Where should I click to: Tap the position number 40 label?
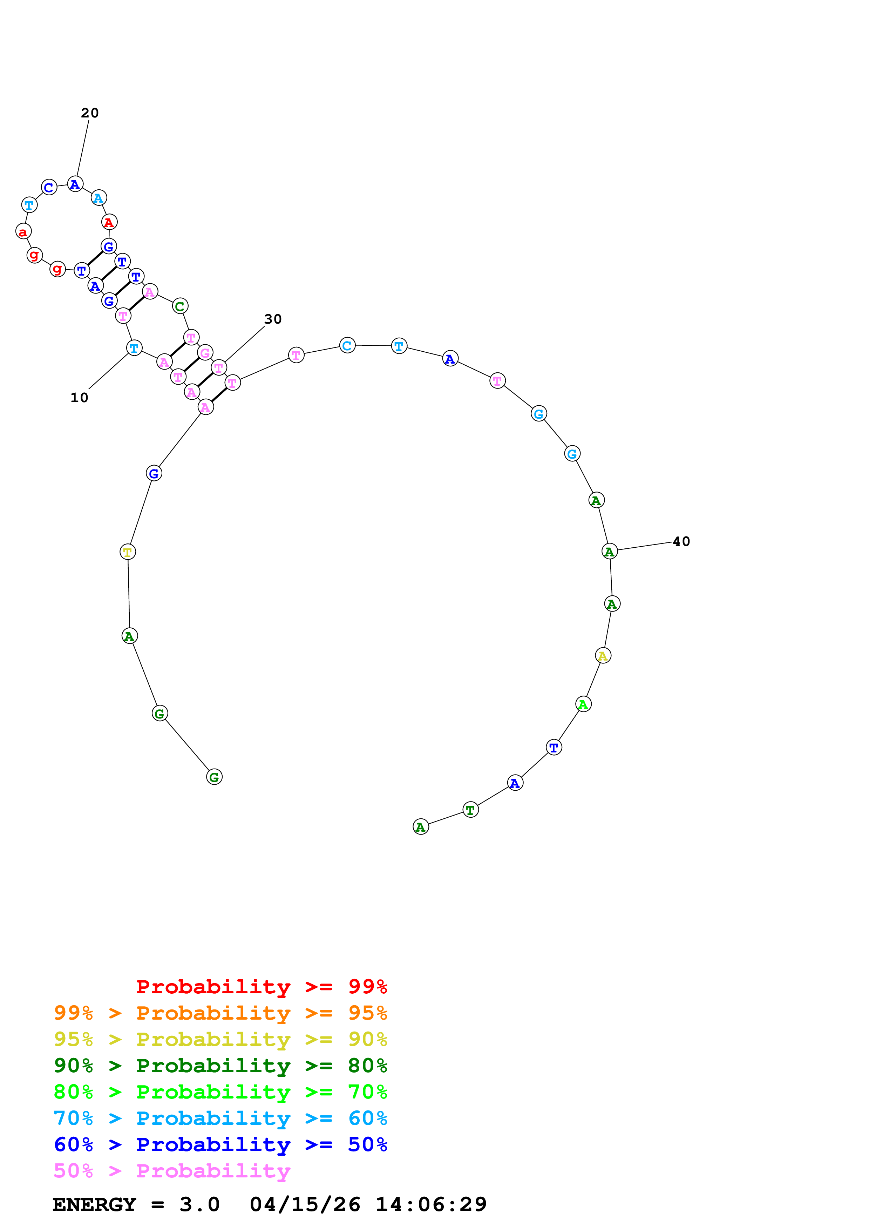pyautogui.click(x=681, y=542)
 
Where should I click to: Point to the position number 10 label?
pyautogui.click(x=79, y=398)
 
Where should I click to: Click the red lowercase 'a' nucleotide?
pyautogui.click(x=23, y=231)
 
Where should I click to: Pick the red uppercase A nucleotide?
pyautogui.click(x=109, y=222)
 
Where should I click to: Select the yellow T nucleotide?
pyautogui.click(x=128, y=552)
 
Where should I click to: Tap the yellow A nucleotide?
pyautogui.click(x=603, y=656)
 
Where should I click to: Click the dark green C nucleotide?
pyautogui.click(x=180, y=306)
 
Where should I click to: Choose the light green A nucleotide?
pyautogui.click(x=583, y=704)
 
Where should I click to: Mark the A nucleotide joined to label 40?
pyautogui.click(x=609, y=551)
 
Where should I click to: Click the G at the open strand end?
pyautogui.click(x=214, y=777)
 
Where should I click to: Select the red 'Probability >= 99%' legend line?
pyautogui.click(x=261, y=987)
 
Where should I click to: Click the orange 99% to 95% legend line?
pyautogui.click(x=220, y=1013)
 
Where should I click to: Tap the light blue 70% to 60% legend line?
pyautogui.click(x=220, y=1118)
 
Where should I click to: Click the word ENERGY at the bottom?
pyautogui.click(x=94, y=1205)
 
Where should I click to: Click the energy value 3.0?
pyautogui.click(x=199, y=1205)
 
